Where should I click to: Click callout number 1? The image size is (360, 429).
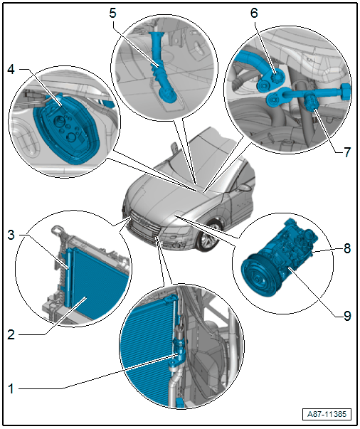pos(11,388)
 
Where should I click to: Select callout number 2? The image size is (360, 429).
pos(11,334)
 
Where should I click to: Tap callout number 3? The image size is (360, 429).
pos(11,235)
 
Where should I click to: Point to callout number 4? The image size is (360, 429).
pos(11,70)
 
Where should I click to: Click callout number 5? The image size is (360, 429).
pos(112,13)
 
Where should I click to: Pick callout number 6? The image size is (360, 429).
pos(254,13)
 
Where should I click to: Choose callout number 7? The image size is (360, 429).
pos(347,152)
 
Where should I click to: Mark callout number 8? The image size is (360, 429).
pos(347,248)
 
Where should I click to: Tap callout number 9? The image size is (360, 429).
pos(347,316)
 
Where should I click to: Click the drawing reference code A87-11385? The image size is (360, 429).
pos(327,414)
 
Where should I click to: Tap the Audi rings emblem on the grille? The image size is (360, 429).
pos(144,222)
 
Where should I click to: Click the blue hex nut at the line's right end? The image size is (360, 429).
pos(346,92)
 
